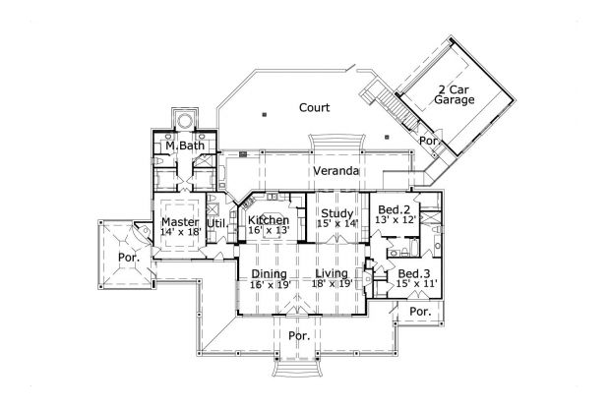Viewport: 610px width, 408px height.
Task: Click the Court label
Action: (314, 107)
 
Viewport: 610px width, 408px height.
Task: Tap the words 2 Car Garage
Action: (455, 93)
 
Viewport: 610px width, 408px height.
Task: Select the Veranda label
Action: (335, 171)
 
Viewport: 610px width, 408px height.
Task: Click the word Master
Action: (181, 222)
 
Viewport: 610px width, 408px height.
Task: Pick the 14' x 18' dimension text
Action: (181, 234)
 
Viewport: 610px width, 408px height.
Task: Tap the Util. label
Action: (217, 223)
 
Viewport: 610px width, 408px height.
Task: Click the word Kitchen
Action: (268, 219)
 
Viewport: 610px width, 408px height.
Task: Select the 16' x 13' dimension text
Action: (268, 230)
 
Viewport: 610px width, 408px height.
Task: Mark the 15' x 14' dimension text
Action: (336, 223)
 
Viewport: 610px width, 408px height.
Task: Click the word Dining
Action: (268, 273)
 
